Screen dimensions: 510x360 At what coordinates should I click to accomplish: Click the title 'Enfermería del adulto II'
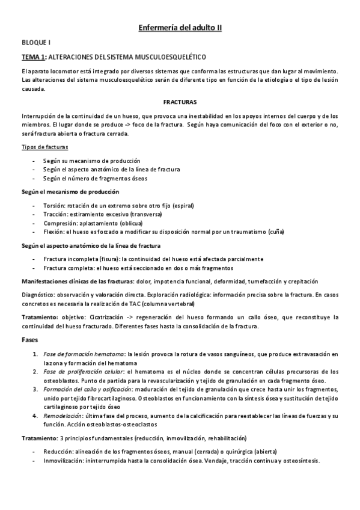tap(180, 28)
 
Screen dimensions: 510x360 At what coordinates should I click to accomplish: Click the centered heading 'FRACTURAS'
tap(180, 102)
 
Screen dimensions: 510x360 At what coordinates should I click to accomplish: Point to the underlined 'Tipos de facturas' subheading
tap(45, 147)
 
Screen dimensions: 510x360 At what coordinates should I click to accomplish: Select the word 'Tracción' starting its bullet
tap(55, 215)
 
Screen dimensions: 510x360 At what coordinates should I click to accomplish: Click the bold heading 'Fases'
tap(30, 340)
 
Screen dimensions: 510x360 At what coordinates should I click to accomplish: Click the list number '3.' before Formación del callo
tap(35, 390)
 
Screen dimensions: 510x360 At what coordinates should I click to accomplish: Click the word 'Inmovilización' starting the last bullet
tap(63, 461)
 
